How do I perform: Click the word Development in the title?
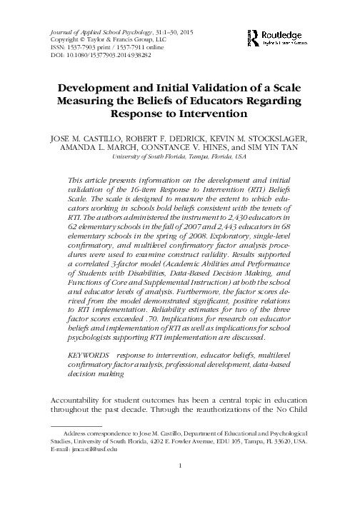point(99,88)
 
